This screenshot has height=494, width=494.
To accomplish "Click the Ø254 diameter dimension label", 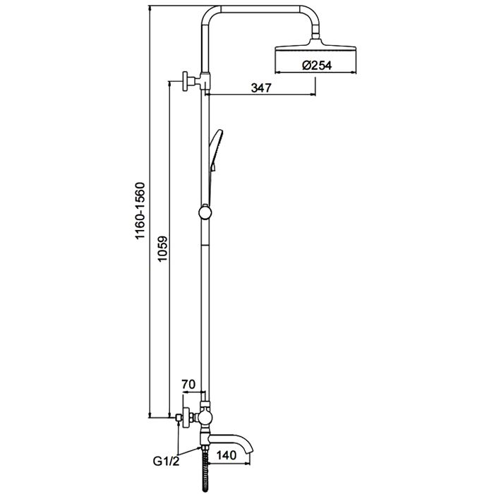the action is (x=317, y=65).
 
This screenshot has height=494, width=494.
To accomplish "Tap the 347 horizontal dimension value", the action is (x=261, y=88).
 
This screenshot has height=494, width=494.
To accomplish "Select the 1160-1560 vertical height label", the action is (x=140, y=210).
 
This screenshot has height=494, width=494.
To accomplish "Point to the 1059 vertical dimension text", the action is (x=162, y=249).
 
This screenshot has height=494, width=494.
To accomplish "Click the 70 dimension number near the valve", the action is (x=188, y=385).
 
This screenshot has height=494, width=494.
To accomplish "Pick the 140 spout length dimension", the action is (x=227, y=455).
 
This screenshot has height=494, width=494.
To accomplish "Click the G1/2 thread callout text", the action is (x=166, y=462).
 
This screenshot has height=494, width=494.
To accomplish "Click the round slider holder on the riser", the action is (x=205, y=212).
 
